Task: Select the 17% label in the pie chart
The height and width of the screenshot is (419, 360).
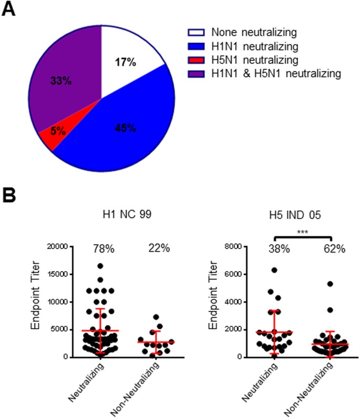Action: coord(126,63)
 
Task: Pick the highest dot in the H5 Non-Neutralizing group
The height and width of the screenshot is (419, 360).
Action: coord(330,284)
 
